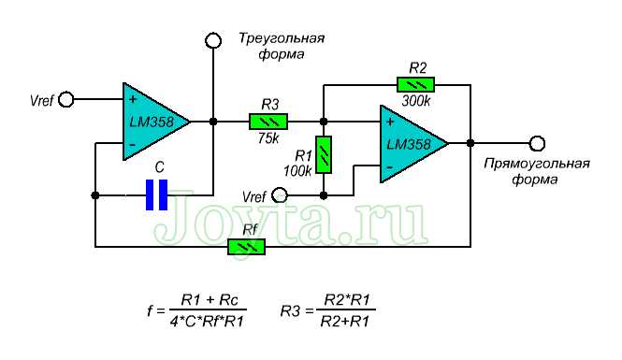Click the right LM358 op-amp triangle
click(x=408, y=143)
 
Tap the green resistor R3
click(x=268, y=122)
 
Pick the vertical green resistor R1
click(x=324, y=154)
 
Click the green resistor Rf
click(x=247, y=246)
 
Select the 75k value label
click(x=268, y=138)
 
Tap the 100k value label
click(x=297, y=171)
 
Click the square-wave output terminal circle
click(x=537, y=143)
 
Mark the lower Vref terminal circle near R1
click(x=280, y=195)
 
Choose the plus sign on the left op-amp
click(x=132, y=98)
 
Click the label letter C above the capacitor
click(x=159, y=166)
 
